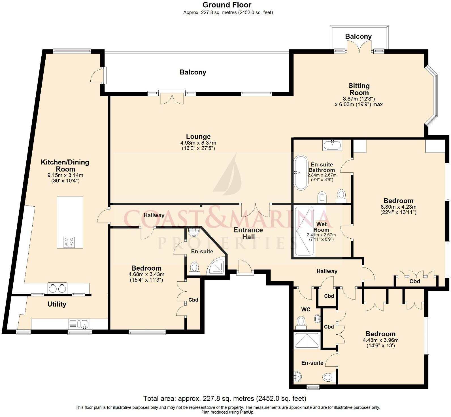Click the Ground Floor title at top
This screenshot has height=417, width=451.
pos(227,5)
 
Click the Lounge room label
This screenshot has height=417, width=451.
pos(198,136)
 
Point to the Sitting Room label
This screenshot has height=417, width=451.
pos(359,89)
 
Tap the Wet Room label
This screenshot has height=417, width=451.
pos(321,227)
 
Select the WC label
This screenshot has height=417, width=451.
pos(306,309)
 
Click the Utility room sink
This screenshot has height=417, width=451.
pos(84,324)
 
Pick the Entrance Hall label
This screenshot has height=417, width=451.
pos(248,233)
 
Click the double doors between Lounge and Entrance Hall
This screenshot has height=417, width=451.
pos(256,210)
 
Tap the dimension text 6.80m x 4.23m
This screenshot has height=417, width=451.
pos(398,207)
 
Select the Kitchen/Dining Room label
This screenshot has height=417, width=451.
pos(65,165)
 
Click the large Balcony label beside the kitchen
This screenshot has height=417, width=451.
pos(193,72)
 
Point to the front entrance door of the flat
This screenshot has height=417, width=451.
pos(245,268)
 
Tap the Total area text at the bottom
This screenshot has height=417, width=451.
pos(225,399)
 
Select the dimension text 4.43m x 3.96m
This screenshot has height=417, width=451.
pos(380,340)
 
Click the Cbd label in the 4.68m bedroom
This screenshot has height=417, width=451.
pos(193,300)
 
